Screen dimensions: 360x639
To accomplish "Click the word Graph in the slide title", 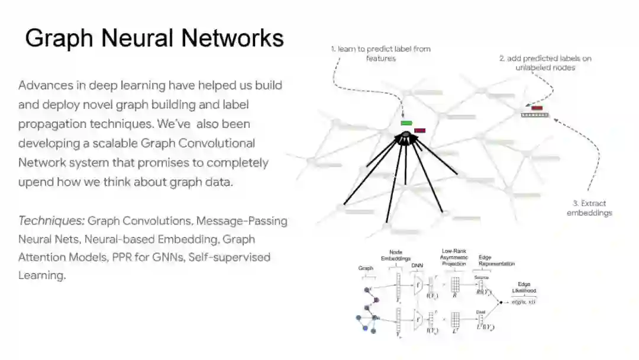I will (x=59, y=38).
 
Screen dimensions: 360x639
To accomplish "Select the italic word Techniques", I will (x=51, y=221).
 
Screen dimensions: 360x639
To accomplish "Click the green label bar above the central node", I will (x=406, y=123).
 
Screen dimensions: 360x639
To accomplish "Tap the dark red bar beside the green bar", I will (x=420, y=130).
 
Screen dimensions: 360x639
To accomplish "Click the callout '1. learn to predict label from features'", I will (x=380, y=53).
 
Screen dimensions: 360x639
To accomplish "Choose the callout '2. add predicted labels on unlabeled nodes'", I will (x=545, y=63).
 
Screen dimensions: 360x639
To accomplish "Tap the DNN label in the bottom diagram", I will (x=417, y=265).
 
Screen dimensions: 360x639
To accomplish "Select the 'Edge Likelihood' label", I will (x=524, y=288).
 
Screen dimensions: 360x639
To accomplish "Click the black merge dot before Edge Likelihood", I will (x=501, y=303).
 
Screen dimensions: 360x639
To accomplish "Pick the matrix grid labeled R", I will (x=455, y=285).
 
